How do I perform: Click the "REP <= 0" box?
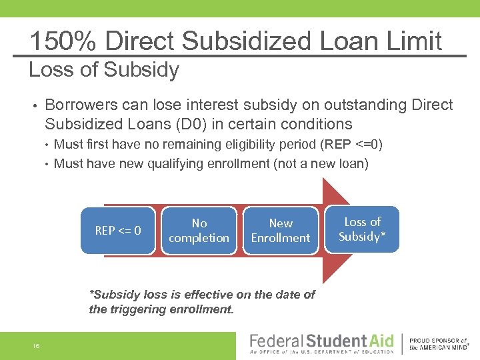(118, 231)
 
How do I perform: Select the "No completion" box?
(199, 231)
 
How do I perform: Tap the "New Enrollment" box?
(281, 231)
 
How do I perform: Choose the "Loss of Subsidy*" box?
(362, 229)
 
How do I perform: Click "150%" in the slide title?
(63, 41)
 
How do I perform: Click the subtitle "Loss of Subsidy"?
(104, 70)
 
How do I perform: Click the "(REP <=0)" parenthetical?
(351, 145)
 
